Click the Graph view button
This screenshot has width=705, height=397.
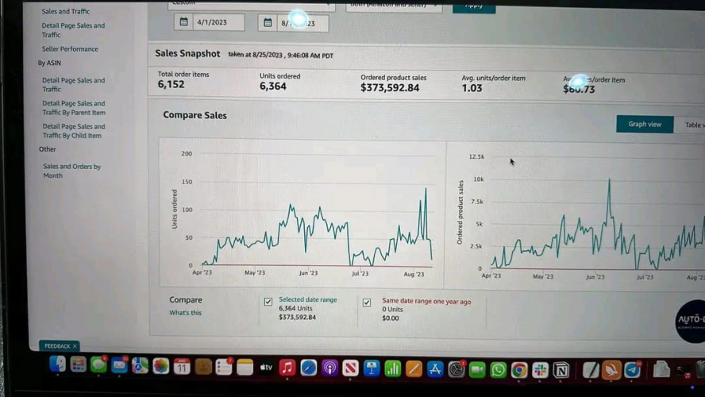coord(645,125)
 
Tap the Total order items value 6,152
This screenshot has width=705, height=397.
coord(171,84)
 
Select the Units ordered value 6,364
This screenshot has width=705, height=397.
coord(272,86)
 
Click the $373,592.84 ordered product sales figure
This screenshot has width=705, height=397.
coord(390,87)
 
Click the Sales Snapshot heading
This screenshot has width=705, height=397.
coord(187,54)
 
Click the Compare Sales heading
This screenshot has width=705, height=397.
coord(195,115)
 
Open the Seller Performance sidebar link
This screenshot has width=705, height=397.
coord(70,49)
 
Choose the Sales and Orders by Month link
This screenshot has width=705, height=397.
coord(71,171)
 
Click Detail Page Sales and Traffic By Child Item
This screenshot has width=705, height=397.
coord(73,131)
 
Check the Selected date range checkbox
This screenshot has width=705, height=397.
coord(268,302)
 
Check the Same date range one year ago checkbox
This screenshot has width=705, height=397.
coord(367,303)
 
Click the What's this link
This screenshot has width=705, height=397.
coord(185,313)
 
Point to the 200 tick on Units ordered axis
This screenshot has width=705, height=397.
coord(187,153)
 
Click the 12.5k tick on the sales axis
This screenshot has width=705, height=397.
coord(476,156)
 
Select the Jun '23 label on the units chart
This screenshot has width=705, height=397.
coord(308,273)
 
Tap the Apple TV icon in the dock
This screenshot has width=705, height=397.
coord(266,368)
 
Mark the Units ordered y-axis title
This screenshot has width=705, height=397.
coord(175,209)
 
